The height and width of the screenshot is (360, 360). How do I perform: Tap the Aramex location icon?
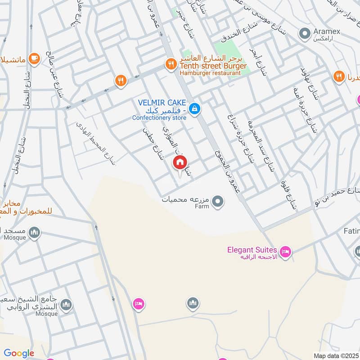305,33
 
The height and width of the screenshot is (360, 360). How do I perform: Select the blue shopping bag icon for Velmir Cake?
194,109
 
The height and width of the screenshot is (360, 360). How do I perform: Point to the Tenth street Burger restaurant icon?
170,64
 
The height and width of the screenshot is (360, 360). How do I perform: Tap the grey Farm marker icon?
218,201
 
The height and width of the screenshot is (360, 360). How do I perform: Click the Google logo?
19,353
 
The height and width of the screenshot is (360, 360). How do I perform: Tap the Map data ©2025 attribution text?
336,355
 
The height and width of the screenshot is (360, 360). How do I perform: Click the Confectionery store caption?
159,118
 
